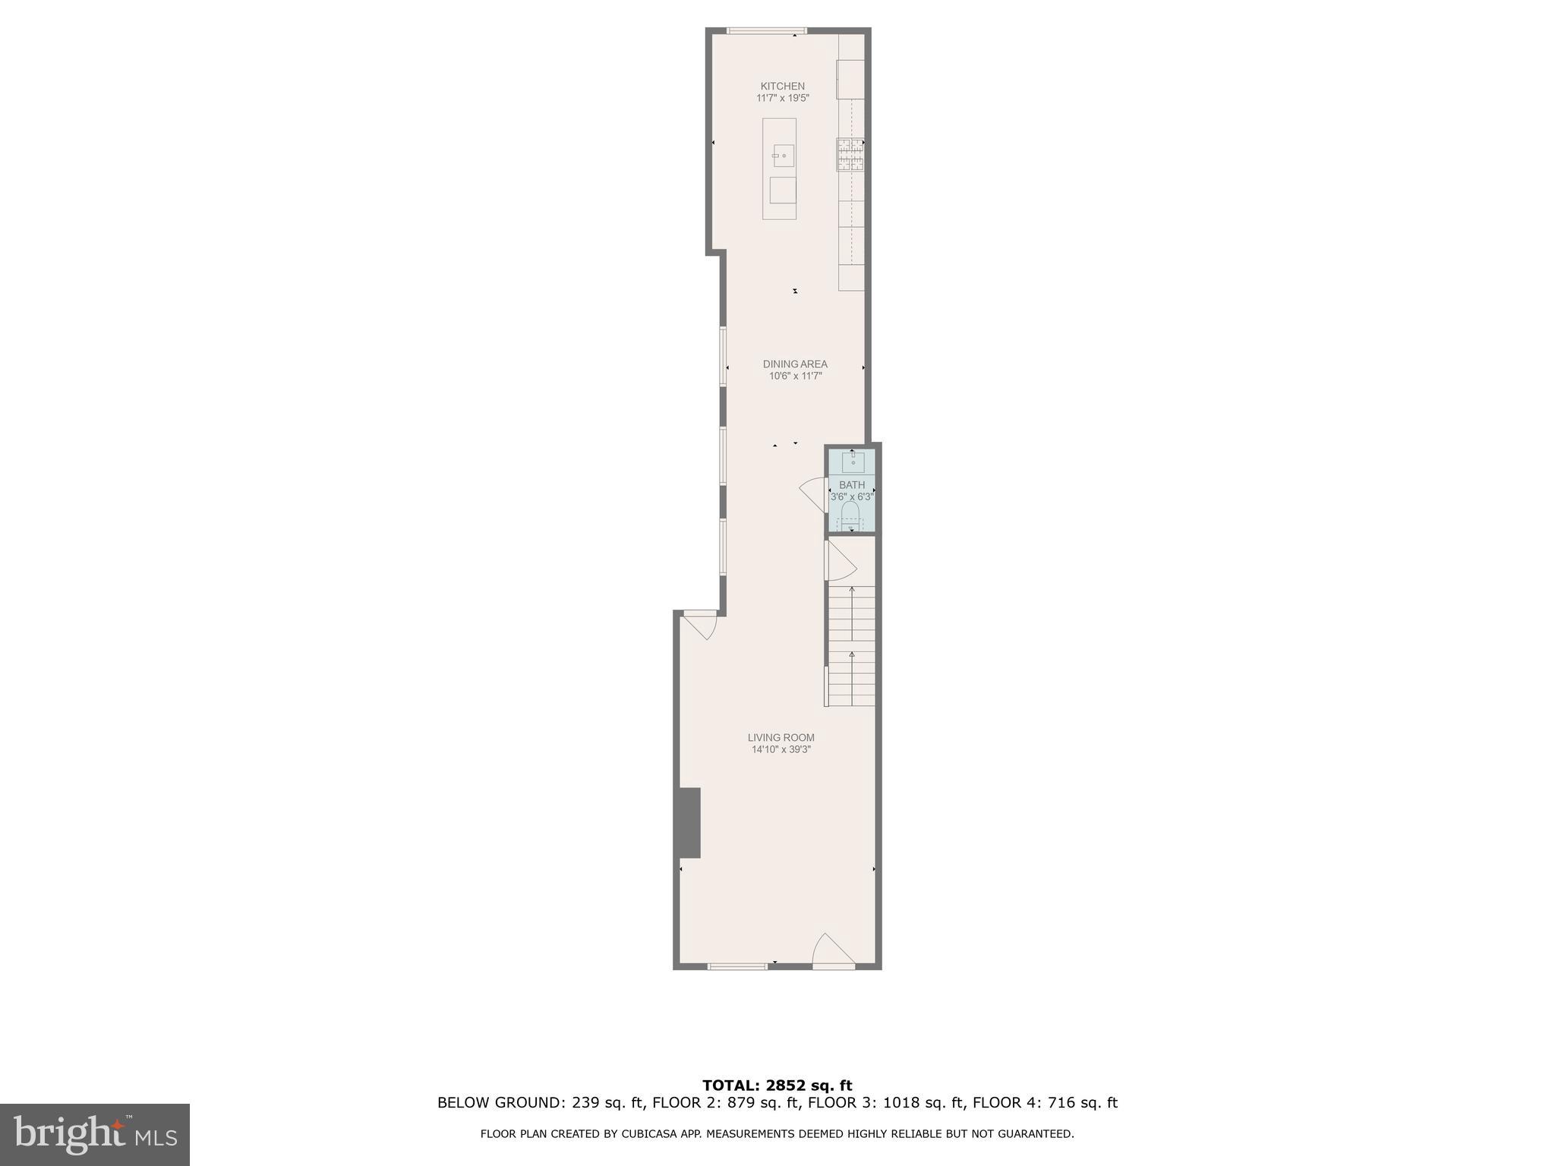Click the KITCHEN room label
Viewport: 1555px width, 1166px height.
pyautogui.click(x=782, y=87)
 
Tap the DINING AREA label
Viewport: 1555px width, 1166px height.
pyautogui.click(x=795, y=364)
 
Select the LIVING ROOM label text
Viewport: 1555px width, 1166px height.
pyautogui.click(x=781, y=737)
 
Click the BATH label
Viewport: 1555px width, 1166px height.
pyautogui.click(x=851, y=485)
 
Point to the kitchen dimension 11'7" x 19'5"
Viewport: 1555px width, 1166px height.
pyautogui.click(x=782, y=98)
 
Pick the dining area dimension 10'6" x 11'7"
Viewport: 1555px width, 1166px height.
pyautogui.click(x=795, y=376)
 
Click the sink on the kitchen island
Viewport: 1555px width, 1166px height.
pyautogui.click(x=783, y=156)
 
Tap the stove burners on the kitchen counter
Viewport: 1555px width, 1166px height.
pyautogui.click(x=850, y=154)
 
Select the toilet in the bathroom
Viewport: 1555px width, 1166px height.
pyautogui.click(x=850, y=514)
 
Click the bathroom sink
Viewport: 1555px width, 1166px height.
pyautogui.click(x=853, y=462)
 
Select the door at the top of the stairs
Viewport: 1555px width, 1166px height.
pyautogui.click(x=840, y=561)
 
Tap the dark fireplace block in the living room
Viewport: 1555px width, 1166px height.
pyautogui.click(x=689, y=823)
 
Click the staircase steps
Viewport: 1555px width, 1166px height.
pyautogui.click(x=851, y=646)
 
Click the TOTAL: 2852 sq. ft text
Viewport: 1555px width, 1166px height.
pyautogui.click(x=777, y=1086)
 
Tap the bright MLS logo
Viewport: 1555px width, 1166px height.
pyautogui.click(x=95, y=1134)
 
